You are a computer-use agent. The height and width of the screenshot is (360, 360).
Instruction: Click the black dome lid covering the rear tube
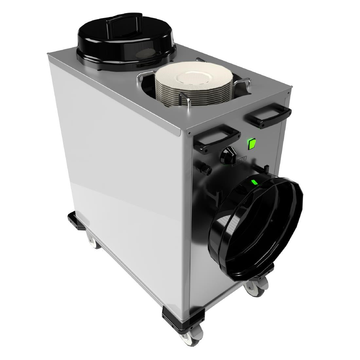[x=126, y=43]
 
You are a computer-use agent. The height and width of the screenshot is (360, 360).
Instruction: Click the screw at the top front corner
[x=189, y=134]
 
